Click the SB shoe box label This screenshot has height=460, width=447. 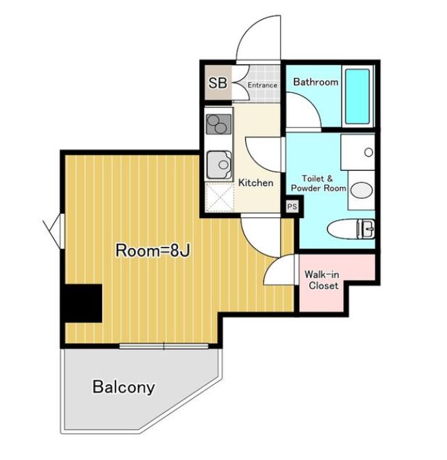217,84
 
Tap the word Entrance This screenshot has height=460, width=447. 262,85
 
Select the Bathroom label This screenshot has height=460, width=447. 316,82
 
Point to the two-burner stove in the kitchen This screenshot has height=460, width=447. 218,124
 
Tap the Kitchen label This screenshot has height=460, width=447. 255,182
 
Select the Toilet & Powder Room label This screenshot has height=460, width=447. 318,183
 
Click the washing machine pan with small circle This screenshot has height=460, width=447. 358,152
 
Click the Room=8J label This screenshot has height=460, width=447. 152,250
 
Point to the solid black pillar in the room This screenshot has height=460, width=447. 82,301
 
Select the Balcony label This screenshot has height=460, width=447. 123,388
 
